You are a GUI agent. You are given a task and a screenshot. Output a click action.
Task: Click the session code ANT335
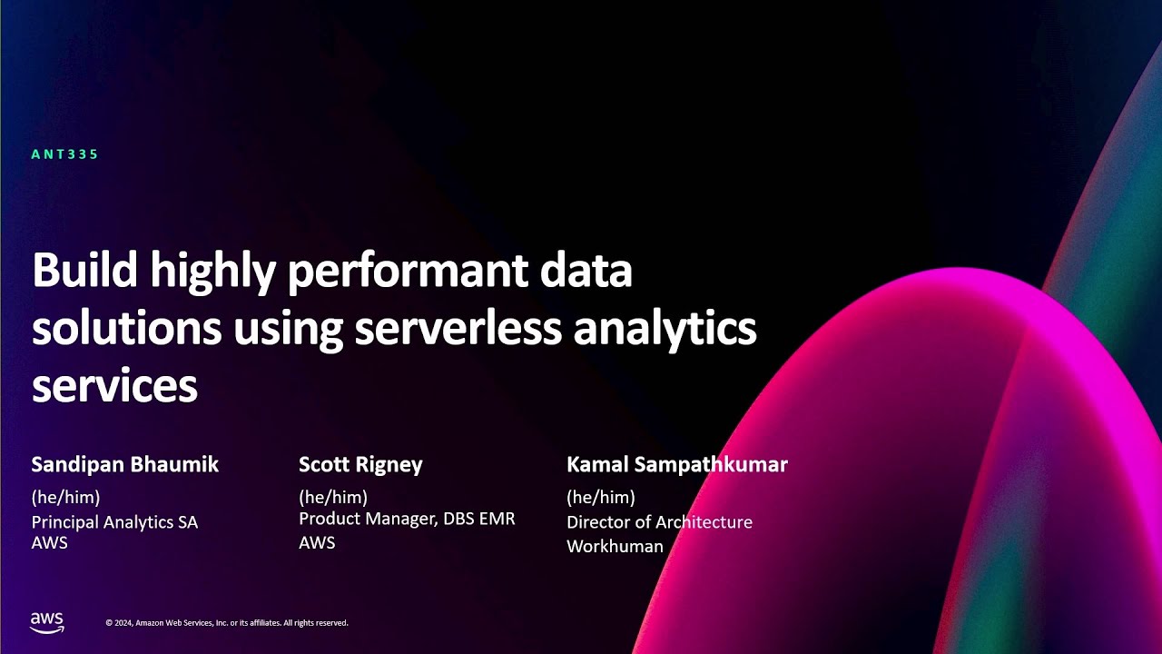coord(64,154)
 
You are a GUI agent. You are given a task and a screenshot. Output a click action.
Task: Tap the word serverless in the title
coord(458,329)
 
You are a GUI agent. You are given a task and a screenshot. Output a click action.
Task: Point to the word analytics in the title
coord(665,329)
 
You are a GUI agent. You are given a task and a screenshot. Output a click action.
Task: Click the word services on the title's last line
coord(114,385)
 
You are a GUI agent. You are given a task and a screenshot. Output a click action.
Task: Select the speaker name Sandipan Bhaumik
coord(124,465)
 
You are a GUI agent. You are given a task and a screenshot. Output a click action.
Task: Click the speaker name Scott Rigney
coord(360,465)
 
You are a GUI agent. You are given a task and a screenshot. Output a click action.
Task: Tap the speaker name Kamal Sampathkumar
coord(676,465)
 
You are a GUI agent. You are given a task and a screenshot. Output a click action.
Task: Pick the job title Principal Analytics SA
coord(114,522)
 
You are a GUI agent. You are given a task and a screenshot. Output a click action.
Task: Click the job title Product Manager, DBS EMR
coord(407,520)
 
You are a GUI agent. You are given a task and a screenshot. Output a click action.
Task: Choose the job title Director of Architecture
coord(659,522)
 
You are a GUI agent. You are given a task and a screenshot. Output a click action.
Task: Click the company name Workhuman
coord(615,547)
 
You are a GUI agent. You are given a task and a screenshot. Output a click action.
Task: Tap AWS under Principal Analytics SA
coord(49,543)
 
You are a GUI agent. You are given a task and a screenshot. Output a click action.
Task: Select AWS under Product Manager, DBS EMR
coord(317,543)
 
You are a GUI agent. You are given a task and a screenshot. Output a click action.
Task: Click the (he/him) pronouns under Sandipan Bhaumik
coord(65,497)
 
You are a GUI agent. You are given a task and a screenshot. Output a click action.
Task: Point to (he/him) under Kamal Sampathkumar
coord(600,497)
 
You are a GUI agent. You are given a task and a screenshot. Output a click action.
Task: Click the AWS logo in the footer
coord(47,622)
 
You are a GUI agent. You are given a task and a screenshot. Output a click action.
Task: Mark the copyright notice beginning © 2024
coord(227,623)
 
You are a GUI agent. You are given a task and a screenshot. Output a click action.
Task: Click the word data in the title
coord(596,272)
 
